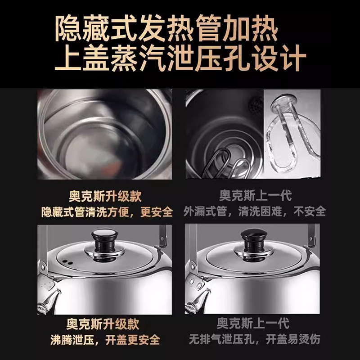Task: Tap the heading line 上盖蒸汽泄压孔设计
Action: point(180,58)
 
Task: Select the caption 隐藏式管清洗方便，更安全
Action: point(107,211)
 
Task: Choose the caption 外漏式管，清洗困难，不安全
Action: point(255,211)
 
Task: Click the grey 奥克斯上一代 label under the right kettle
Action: point(252,324)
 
